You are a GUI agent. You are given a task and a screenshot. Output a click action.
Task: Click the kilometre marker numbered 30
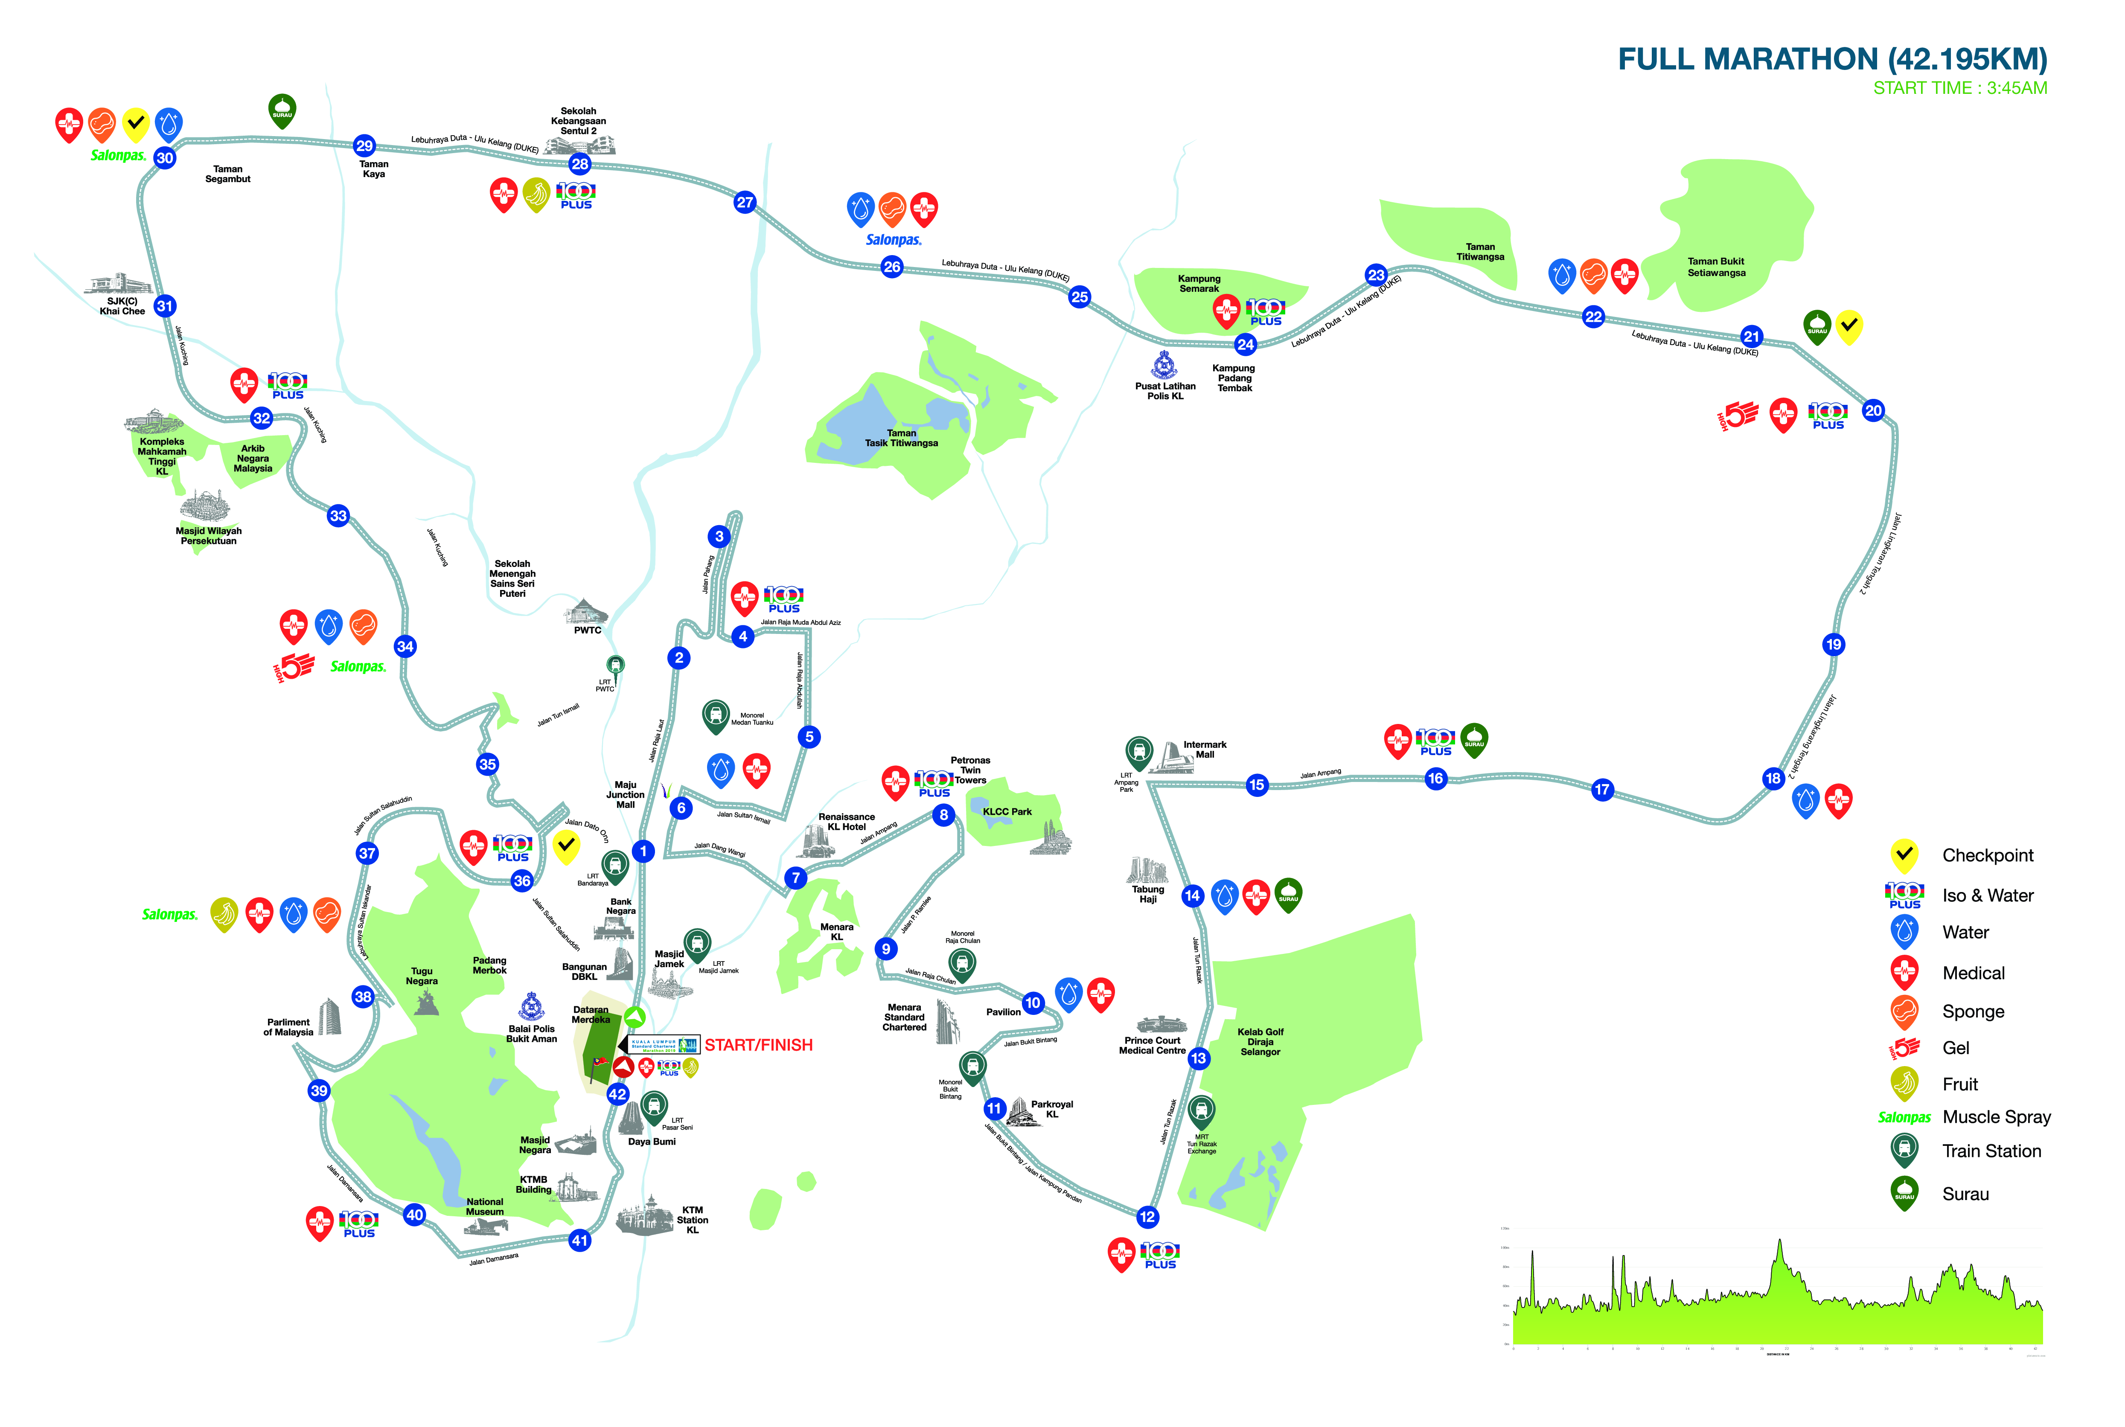(x=165, y=157)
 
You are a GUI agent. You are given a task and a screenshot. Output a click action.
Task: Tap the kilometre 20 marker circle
(x=1873, y=410)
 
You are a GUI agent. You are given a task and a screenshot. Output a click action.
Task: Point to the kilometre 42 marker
(x=618, y=1094)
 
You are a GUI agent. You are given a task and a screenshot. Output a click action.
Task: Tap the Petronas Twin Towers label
(x=970, y=770)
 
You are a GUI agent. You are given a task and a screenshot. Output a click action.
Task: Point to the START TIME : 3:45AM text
(x=1959, y=88)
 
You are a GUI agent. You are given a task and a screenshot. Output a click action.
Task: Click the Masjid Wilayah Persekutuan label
(x=208, y=536)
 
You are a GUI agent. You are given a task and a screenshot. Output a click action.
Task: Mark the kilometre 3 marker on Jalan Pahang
(x=719, y=536)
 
